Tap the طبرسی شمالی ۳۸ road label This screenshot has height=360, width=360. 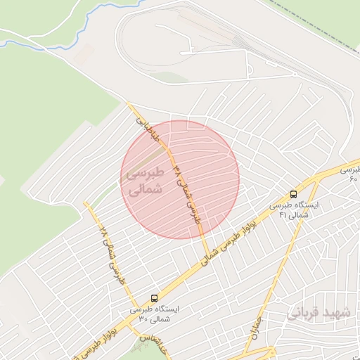tap(186, 193)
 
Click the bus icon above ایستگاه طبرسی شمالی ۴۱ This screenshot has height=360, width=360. tap(293, 193)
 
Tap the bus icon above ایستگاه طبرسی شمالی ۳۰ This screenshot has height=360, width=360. tap(154, 298)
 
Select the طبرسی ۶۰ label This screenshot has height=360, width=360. tap(349, 174)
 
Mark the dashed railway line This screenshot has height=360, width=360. tap(309, 25)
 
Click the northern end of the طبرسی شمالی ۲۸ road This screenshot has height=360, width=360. tap(86, 204)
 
